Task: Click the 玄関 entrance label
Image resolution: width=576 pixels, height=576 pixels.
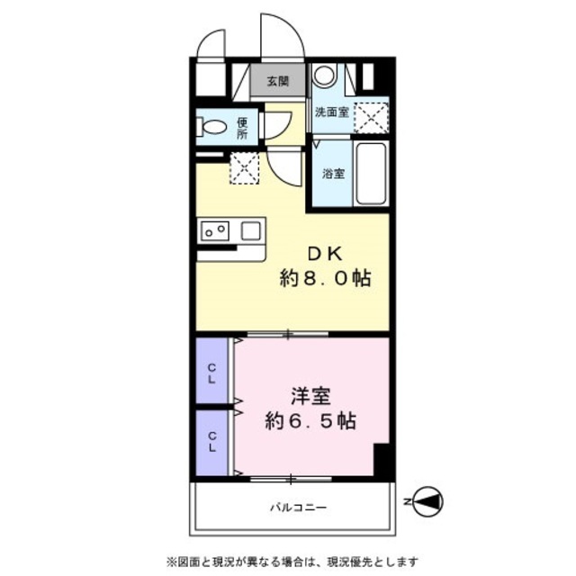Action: [x=277, y=81]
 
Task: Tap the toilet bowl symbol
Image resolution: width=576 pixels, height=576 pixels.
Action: [x=213, y=128]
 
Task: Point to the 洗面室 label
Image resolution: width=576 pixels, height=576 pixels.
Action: [x=331, y=112]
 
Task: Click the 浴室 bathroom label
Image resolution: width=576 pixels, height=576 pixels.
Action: [x=333, y=174]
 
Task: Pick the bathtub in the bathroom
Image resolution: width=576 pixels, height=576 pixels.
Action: [x=371, y=172]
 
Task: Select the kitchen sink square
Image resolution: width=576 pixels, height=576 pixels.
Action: [x=250, y=230]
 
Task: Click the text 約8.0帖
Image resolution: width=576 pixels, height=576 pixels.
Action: [x=325, y=279]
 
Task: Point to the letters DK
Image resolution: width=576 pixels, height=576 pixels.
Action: [x=325, y=253]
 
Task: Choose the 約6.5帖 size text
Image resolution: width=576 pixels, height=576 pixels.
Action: [x=308, y=419]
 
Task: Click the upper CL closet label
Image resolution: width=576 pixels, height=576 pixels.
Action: [x=212, y=372]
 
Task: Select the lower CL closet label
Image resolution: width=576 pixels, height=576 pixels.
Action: [x=212, y=442]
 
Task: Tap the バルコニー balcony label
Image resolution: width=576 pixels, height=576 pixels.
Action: [x=298, y=508]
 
